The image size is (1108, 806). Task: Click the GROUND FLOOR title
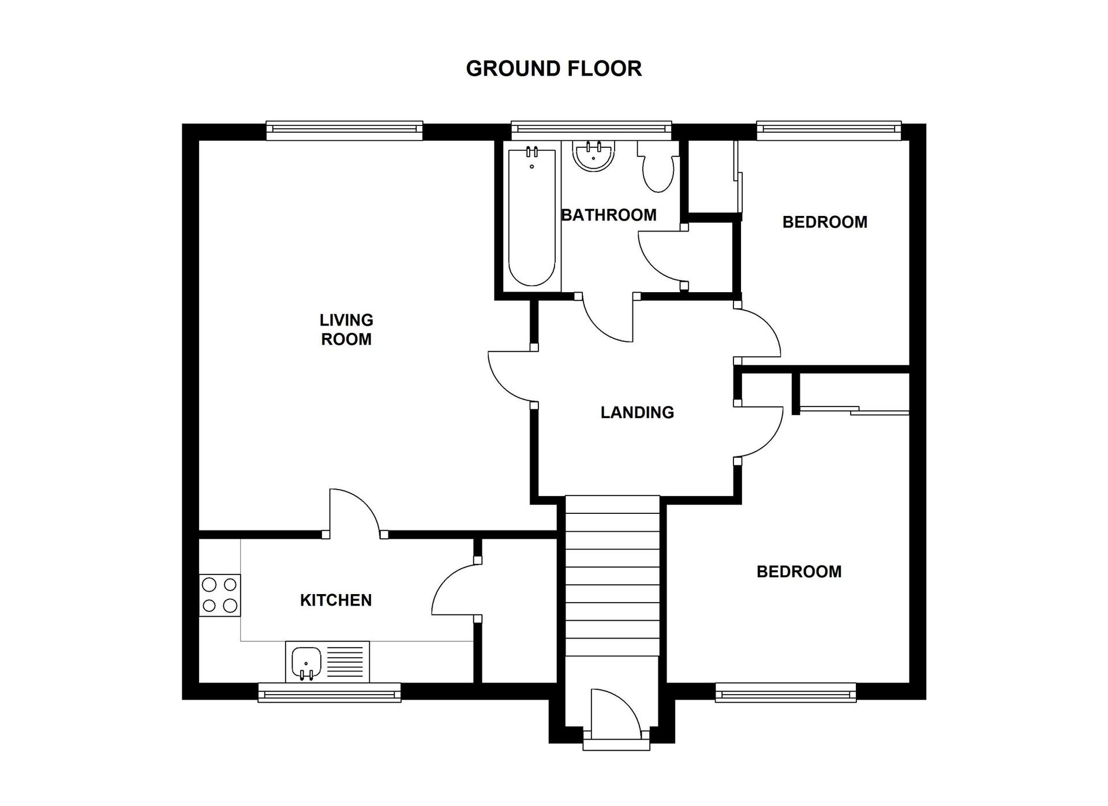tap(553, 69)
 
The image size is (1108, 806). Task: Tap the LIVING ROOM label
tap(346, 329)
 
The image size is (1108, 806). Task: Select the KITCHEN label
tap(336, 600)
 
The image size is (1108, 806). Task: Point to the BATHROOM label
tap(609, 215)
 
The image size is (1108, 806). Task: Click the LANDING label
tap(637, 412)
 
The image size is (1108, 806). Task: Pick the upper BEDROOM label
tap(825, 222)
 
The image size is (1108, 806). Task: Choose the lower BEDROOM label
tap(799, 572)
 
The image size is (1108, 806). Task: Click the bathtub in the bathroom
tap(531, 217)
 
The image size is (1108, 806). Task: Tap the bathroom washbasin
tap(593, 155)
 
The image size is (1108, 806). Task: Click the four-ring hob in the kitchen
tap(220, 595)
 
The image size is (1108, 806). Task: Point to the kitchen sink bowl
tap(306, 663)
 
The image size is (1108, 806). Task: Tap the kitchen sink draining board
tap(346, 662)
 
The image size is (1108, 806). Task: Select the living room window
tap(345, 130)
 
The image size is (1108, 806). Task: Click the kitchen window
tap(330, 692)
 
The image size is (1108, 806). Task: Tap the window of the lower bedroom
tap(785, 692)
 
